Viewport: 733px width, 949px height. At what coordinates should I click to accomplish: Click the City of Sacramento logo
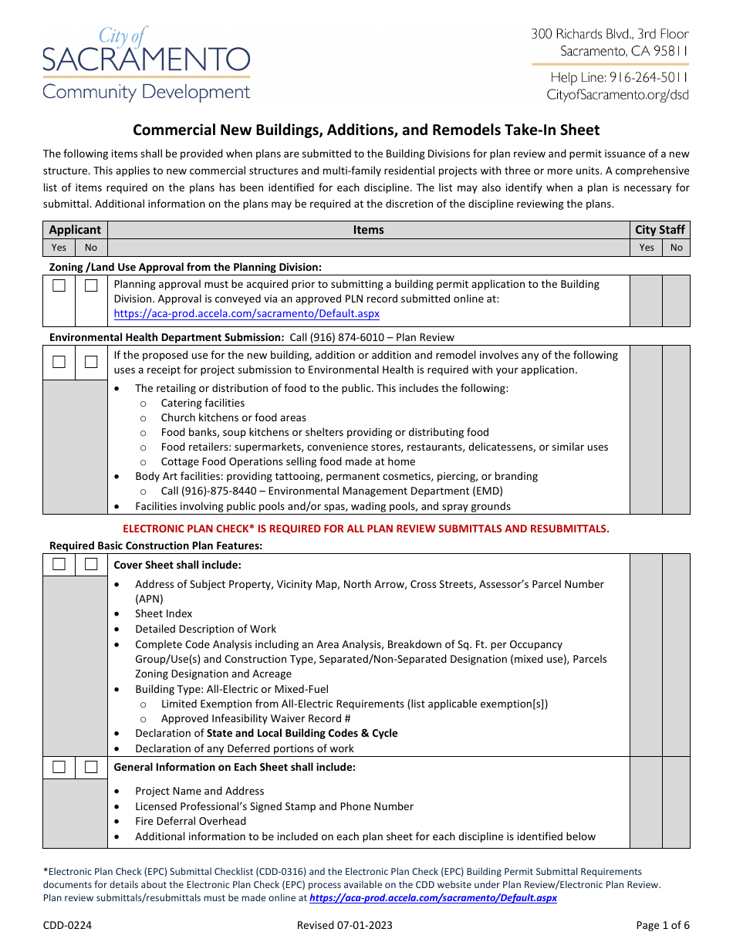(147, 65)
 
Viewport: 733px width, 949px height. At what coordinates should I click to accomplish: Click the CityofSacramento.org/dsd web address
(617, 95)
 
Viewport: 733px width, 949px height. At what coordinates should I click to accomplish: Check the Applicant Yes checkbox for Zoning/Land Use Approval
(59, 285)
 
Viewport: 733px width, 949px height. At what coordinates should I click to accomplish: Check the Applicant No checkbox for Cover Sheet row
(91, 564)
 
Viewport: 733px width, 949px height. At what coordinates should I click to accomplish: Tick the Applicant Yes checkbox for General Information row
(59, 767)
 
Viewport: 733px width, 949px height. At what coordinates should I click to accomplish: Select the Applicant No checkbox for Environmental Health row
(91, 362)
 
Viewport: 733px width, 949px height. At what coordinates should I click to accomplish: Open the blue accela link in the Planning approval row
(246, 314)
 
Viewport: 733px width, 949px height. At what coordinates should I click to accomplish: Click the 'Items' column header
(368, 230)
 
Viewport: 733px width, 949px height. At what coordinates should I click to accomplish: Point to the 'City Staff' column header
(660, 230)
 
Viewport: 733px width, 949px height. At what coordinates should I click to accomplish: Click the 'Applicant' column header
(75, 230)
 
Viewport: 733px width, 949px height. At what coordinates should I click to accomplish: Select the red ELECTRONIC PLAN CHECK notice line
(366, 529)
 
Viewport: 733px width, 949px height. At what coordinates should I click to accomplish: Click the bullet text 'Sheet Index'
(164, 614)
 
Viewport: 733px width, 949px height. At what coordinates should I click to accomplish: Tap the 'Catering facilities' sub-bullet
(202, 403)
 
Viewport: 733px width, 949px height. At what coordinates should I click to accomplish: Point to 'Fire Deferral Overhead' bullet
(191, 821)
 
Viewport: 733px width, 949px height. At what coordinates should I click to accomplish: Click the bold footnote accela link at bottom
(433, 898)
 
